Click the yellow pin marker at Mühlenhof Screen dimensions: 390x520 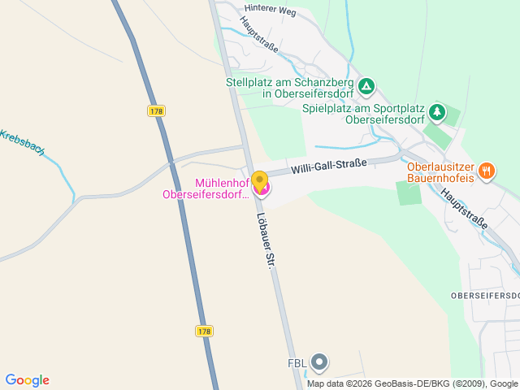click(259, 180)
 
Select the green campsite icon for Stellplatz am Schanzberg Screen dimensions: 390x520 click(367, 85)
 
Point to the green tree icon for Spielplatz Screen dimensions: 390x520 click(438, 111)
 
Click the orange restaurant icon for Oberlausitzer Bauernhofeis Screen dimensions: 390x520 click(487, 170)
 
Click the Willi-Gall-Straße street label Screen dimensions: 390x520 click(329, 166)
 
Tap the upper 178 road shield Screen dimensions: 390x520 click(158, 110)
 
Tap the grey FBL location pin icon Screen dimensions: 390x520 click(321, 362)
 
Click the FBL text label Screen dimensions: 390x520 click(297, 363)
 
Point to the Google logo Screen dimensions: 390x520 click(27, 380)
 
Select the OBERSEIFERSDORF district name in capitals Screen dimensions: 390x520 click(484, 293)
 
